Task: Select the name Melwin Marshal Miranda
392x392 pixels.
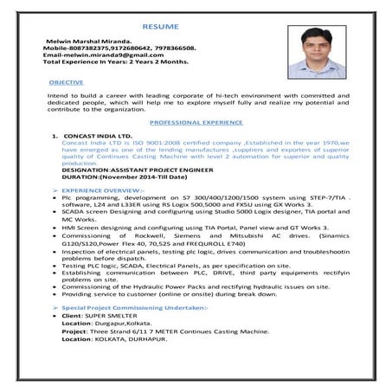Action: pyautogui.click(x=83, y=41)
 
